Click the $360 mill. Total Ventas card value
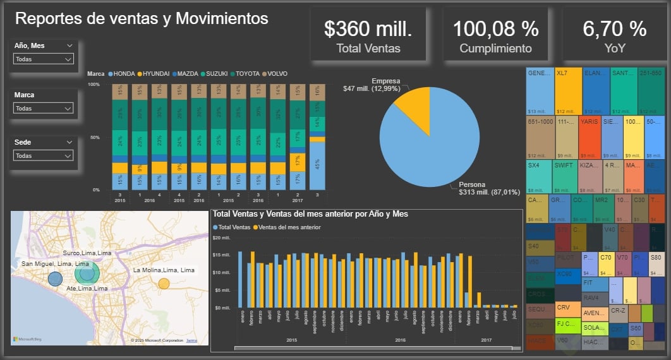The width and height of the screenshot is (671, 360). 368,28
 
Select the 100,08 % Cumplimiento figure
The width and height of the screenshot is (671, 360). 495,28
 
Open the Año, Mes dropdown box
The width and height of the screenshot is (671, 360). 44,59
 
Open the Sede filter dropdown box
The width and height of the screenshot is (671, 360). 44,155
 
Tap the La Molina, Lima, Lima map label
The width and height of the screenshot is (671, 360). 164,270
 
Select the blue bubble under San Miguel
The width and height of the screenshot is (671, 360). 55,279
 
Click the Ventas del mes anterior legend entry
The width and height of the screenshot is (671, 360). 289,227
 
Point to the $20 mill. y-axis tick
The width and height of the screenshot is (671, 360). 224,238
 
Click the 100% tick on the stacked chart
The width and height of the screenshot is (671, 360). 94,84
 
